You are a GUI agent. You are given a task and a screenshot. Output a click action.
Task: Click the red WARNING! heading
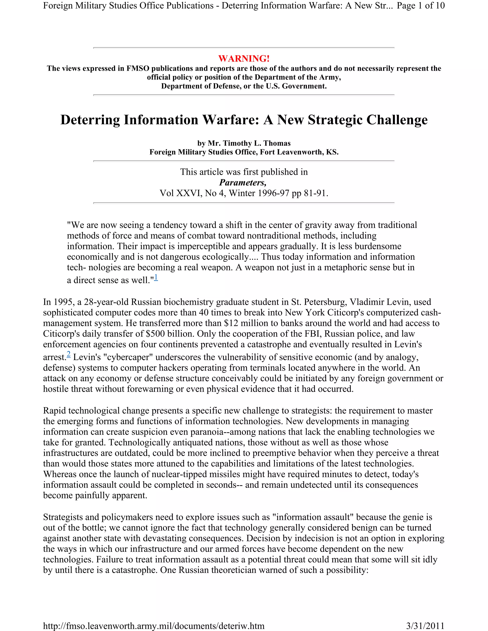(x=244, y=59)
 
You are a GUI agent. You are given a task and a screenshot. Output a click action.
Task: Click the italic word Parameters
(x=243, y=183)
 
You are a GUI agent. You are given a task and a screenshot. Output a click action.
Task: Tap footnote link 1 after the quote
(x=156, y=278)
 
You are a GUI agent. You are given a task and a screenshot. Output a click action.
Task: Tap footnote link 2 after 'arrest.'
(x=69, y=355)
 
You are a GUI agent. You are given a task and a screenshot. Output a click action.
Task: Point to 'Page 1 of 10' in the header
(x=421, y=5)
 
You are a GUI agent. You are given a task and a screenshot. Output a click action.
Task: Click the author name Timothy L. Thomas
(x=249, y=143)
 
